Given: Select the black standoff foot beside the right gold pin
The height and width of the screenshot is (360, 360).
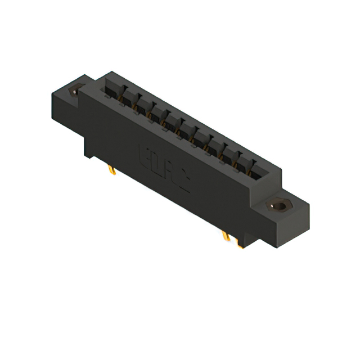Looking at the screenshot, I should [x=240, y=243].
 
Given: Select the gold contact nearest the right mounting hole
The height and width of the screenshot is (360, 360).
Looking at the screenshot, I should [x=248, y=172].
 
